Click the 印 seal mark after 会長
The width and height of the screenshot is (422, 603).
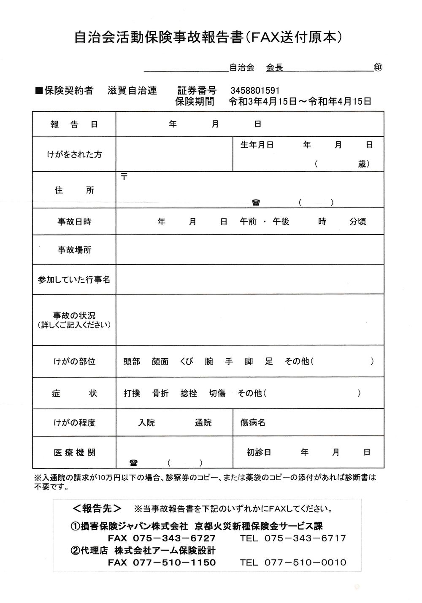pos(378,68)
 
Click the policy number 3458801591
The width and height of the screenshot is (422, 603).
pos(255,91)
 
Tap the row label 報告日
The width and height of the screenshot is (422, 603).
pos(74,124)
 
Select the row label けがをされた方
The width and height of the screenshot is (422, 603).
pos(74,154)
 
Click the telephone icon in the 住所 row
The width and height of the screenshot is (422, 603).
pos(256,203)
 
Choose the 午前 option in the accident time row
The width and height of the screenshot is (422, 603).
pos(248,222)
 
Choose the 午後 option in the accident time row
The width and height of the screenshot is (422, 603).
pos(281,222)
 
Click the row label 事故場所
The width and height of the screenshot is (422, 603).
pos(74,250)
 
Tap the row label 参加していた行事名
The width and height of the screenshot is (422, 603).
pos(74,279)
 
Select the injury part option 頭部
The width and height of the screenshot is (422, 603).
pos(132,362)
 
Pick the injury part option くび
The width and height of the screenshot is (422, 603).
pos(187,362)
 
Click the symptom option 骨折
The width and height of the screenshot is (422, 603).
pos(160,393)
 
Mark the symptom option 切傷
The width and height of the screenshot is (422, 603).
pos(217,393)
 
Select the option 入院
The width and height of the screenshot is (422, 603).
pos(146,422)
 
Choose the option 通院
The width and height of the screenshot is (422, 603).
pos(203,422)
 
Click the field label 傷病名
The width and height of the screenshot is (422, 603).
pos(253,422)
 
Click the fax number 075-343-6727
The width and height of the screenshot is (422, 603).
pos(174,538)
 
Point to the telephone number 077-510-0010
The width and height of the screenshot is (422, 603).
pos(305,562)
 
